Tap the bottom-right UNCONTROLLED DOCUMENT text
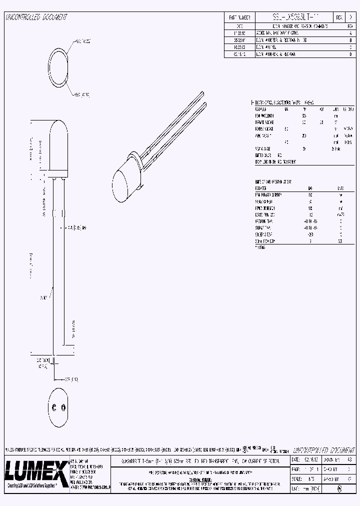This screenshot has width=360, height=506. tap(322, 449)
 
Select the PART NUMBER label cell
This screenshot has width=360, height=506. tap(239, 16)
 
